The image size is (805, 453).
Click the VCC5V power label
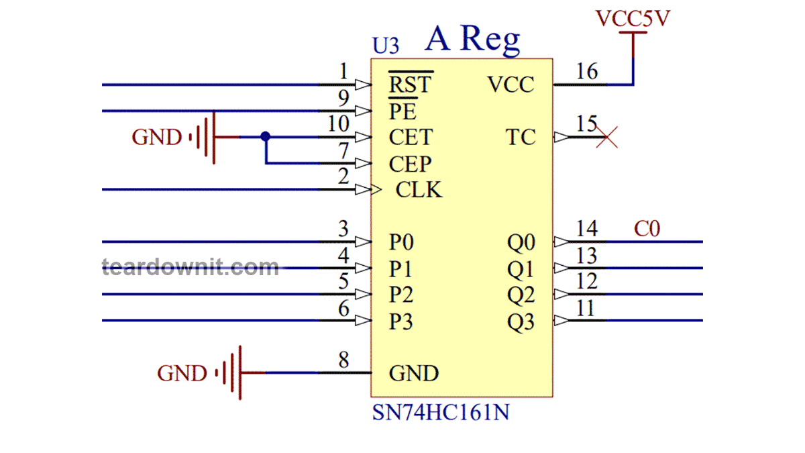pyautogui.click(x=633, y=19)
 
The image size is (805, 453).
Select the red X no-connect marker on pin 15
pyautogui.click(x=607, y=138)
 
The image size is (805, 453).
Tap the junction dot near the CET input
pyautogui.click(x=266, y=136)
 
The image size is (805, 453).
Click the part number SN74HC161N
pyautogui.click(x=440, y=412)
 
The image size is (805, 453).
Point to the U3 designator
pyautogui.click(x=386, y=46)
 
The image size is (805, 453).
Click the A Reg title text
pyautogui.click(x=472, y=40)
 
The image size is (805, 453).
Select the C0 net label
pyautogui.click(x=647, y=229)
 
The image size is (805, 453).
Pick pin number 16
pyautogui.click(x=587, y=71)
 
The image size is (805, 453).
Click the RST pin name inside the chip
pyautogui.click(x=411, y=85)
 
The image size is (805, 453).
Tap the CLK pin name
pyautogui.click(x=419, y=190)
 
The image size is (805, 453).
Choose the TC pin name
pyautogui.click(x=521, y=138)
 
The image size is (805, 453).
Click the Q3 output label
pyautogui.click(x=521, y=323)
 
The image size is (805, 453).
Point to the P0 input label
pyautogui.click(x=400, y=242)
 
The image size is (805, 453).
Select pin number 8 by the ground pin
pyautogui.click(x=343, y=360)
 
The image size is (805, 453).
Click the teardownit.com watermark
pyautogui.click(x=191, y=267)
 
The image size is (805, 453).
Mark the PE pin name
pyautogui.click(x=402, y=111)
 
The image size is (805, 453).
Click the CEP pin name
pyautogui.click(x=410, y=164)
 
